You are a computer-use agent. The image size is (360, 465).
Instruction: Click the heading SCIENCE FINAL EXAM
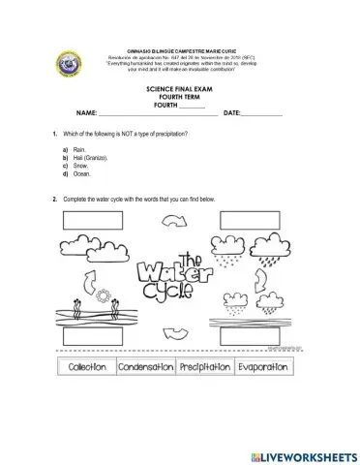tap(179, 87)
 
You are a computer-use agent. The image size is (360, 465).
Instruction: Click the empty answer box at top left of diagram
tap(93, 218)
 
